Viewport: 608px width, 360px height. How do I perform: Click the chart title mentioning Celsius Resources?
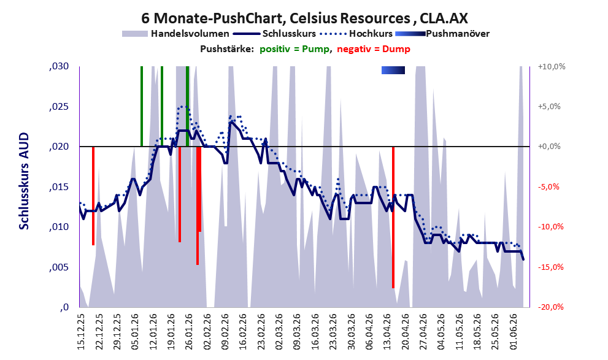click(304, 18)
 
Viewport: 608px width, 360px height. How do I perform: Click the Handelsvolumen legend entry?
click(175, 34)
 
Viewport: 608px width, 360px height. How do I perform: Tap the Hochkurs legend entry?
click(356, 34)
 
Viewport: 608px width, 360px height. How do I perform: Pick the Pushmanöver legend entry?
click(442, 34)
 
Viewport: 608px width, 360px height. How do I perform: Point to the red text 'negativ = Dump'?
click(374, 49)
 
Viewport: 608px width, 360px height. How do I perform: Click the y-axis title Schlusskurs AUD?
click(24, 181)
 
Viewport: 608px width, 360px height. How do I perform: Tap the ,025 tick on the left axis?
click(59, 107)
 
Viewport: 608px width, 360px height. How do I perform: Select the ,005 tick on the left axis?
click(59, 267)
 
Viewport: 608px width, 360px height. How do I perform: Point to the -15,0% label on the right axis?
click(550, 267)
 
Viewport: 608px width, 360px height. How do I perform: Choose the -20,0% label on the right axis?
click(550, 307)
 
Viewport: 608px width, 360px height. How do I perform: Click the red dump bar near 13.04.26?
click(393, 217)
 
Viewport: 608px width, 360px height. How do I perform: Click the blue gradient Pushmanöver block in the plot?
click(393, 70)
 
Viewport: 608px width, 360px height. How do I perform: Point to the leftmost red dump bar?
click(93, 196)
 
